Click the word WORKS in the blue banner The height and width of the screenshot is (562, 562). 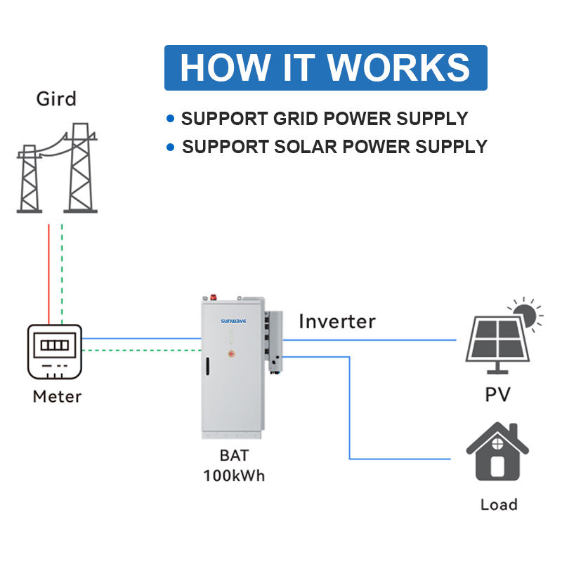click(398, 67)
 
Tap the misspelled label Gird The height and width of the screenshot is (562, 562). click(56, 99)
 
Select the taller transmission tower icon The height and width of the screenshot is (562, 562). click(80, 168)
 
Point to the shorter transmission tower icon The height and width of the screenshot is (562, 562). click(30, 178)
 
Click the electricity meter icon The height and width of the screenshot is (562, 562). click(55, 352)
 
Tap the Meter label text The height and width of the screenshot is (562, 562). click(58, 397)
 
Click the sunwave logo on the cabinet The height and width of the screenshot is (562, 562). click(233, 321)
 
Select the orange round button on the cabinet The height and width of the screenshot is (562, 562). click(232, 354)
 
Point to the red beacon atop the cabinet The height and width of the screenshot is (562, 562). click(214, 296)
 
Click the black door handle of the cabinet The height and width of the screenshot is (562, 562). click(207, 366)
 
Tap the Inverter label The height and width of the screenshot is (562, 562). click(337, 321)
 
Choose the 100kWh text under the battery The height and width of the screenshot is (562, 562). click(234, 476)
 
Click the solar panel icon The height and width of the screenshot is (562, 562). click(497, 344)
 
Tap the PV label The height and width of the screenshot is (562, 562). click(497, 395)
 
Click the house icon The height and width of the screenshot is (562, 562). click(497, 452)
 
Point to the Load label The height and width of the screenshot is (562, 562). click(499, 504)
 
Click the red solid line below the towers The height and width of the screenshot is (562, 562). click(49, 274)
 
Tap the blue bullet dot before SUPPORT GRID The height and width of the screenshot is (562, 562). click(171, 118)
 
